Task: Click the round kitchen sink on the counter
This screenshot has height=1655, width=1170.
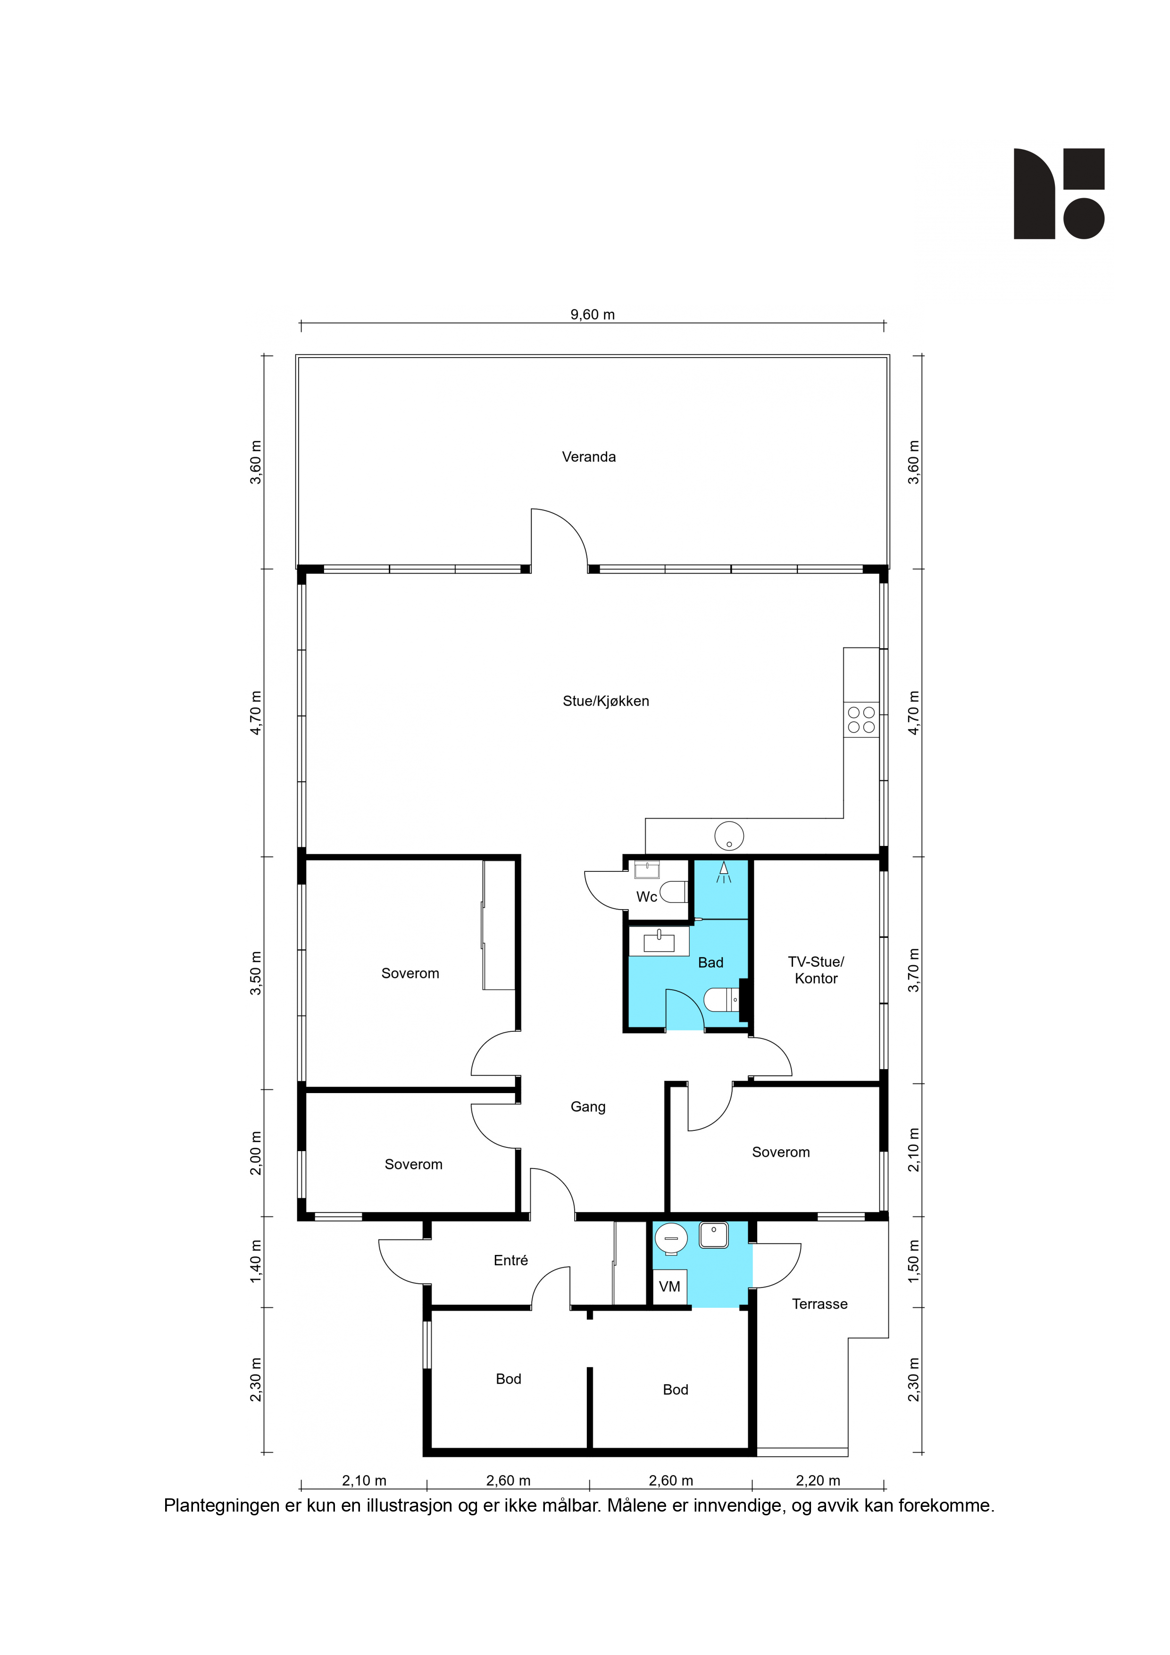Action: click(x=729, y=836)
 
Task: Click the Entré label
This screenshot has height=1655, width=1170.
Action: click(x=510, y=1260)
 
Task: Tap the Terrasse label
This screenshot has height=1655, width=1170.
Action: click(x=819, y=1304)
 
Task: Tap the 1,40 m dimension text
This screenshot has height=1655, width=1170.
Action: click(x=256, y=1262)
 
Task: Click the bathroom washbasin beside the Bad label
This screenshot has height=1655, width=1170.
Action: click(x=659, y=941)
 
